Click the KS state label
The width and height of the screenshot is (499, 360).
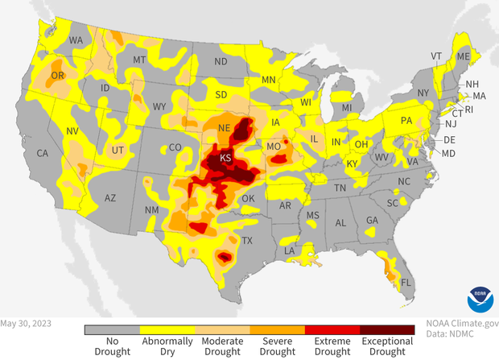click(226, 158)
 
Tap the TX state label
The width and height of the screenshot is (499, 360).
click(248, 241)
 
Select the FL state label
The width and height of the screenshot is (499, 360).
click(407, 283)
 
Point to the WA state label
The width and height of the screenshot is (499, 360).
click(77, 39)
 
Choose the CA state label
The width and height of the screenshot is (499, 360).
click(43, 153)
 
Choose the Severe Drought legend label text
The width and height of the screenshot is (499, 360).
click(277, 347)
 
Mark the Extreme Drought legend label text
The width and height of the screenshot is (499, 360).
click(332, 347)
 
